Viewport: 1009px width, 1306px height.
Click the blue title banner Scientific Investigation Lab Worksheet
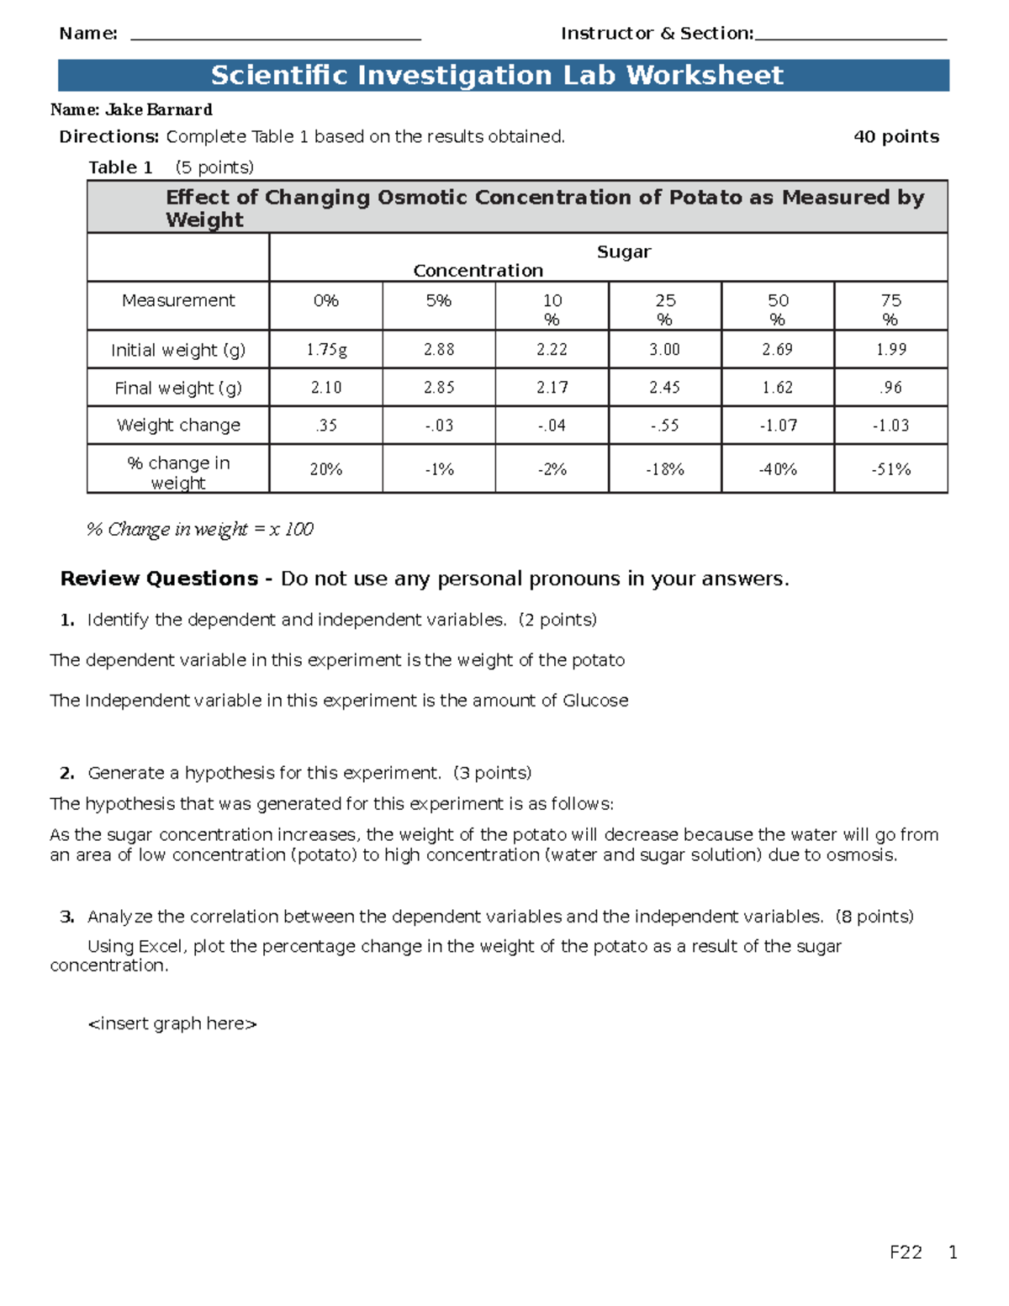(x=503, y=75)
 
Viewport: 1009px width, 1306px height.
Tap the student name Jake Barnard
(x=158, y=109)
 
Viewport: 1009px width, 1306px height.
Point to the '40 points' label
(x=895, y=136)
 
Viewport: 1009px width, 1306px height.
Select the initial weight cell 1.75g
(x=325, y=349)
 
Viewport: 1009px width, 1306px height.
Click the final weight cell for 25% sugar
(x=664, y=388)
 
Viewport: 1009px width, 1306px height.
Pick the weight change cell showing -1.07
(x=777, y=426)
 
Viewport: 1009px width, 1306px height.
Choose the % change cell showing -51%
(x=890, y=469)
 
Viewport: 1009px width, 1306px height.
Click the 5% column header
(x=438, y=301)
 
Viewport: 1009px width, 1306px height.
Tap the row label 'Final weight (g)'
(x=178, y=388)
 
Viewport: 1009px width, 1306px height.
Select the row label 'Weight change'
(x=178, y=426)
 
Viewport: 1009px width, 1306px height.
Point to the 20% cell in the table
(x=325, y=469)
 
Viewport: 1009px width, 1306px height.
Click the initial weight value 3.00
(x=664, y=349)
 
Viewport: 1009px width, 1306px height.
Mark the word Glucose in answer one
(x=595, y=701)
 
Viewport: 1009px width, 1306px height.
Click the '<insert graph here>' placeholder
(x=172, y=1023)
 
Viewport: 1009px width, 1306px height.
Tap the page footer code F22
(x=906, y=1252)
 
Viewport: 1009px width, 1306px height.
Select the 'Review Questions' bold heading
(x=160, y=579)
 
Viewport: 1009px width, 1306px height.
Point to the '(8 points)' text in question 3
(x=874, y=917)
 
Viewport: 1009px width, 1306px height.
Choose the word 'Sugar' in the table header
(x=624, y=251)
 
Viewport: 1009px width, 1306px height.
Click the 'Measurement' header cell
(x=178, y=301)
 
